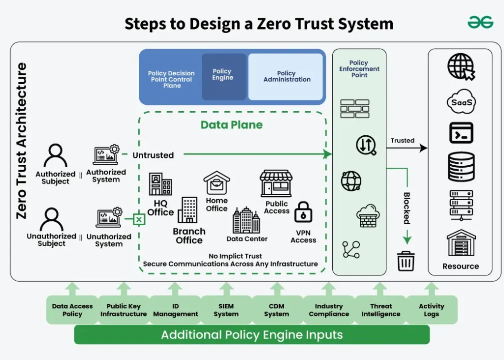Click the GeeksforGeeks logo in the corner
pos(480,23)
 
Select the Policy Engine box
pos(223,76)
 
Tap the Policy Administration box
pos(286,77)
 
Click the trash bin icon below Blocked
pos(406,261)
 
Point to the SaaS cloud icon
pos(461,102)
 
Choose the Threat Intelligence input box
pos(380,310)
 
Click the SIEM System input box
pos(226,310)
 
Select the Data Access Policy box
pos(72,310)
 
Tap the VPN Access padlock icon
pos(303,212)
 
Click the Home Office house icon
pos(217,183)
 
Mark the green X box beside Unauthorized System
pos(139,219)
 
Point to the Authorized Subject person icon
pos(55,156)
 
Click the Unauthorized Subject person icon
pos(52,219)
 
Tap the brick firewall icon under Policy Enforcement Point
pos(355,109)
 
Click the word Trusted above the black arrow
pos(402,141)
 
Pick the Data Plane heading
pos(231,125)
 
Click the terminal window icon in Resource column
pos(461,133)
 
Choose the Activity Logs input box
pos(431,310)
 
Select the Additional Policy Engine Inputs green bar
pos(252,335)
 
